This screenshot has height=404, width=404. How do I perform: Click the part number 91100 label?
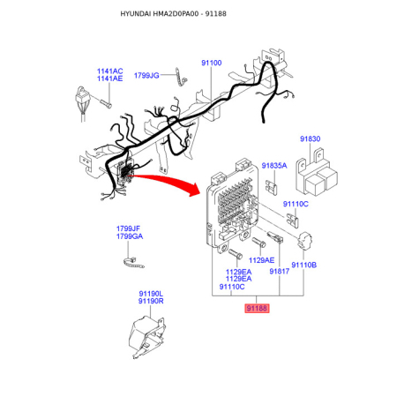tap(212, 63)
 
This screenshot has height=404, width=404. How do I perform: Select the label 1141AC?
tap(110, 71)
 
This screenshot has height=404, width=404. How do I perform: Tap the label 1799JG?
tap(146, 76)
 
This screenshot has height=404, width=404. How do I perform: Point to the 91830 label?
tap(310, 138)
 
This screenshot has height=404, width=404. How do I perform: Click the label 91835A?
tap(274, 166)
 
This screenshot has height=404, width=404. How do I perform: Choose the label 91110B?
tap(304, 265)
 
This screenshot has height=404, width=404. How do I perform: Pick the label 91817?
tap(280, 271)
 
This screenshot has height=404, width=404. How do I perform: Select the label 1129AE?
tap(261, 260)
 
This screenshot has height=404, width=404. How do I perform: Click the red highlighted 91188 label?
tap(257, 308)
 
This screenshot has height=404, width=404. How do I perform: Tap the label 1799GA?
tap(130, 236)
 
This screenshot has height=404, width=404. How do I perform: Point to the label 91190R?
tap(151, 301)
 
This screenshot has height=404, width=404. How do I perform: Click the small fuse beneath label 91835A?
tap(272, 188)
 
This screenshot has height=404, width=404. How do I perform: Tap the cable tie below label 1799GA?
tap(134, 263)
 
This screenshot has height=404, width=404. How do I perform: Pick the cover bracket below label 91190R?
tap(147, 337)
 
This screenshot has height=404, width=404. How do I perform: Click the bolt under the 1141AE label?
tap(106, 103)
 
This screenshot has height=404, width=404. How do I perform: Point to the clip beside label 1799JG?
tap(181, 77)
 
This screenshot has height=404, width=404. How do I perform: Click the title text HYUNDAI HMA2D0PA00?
tap(160, 14)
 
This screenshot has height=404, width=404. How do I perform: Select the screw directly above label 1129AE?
tap(259, 242)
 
